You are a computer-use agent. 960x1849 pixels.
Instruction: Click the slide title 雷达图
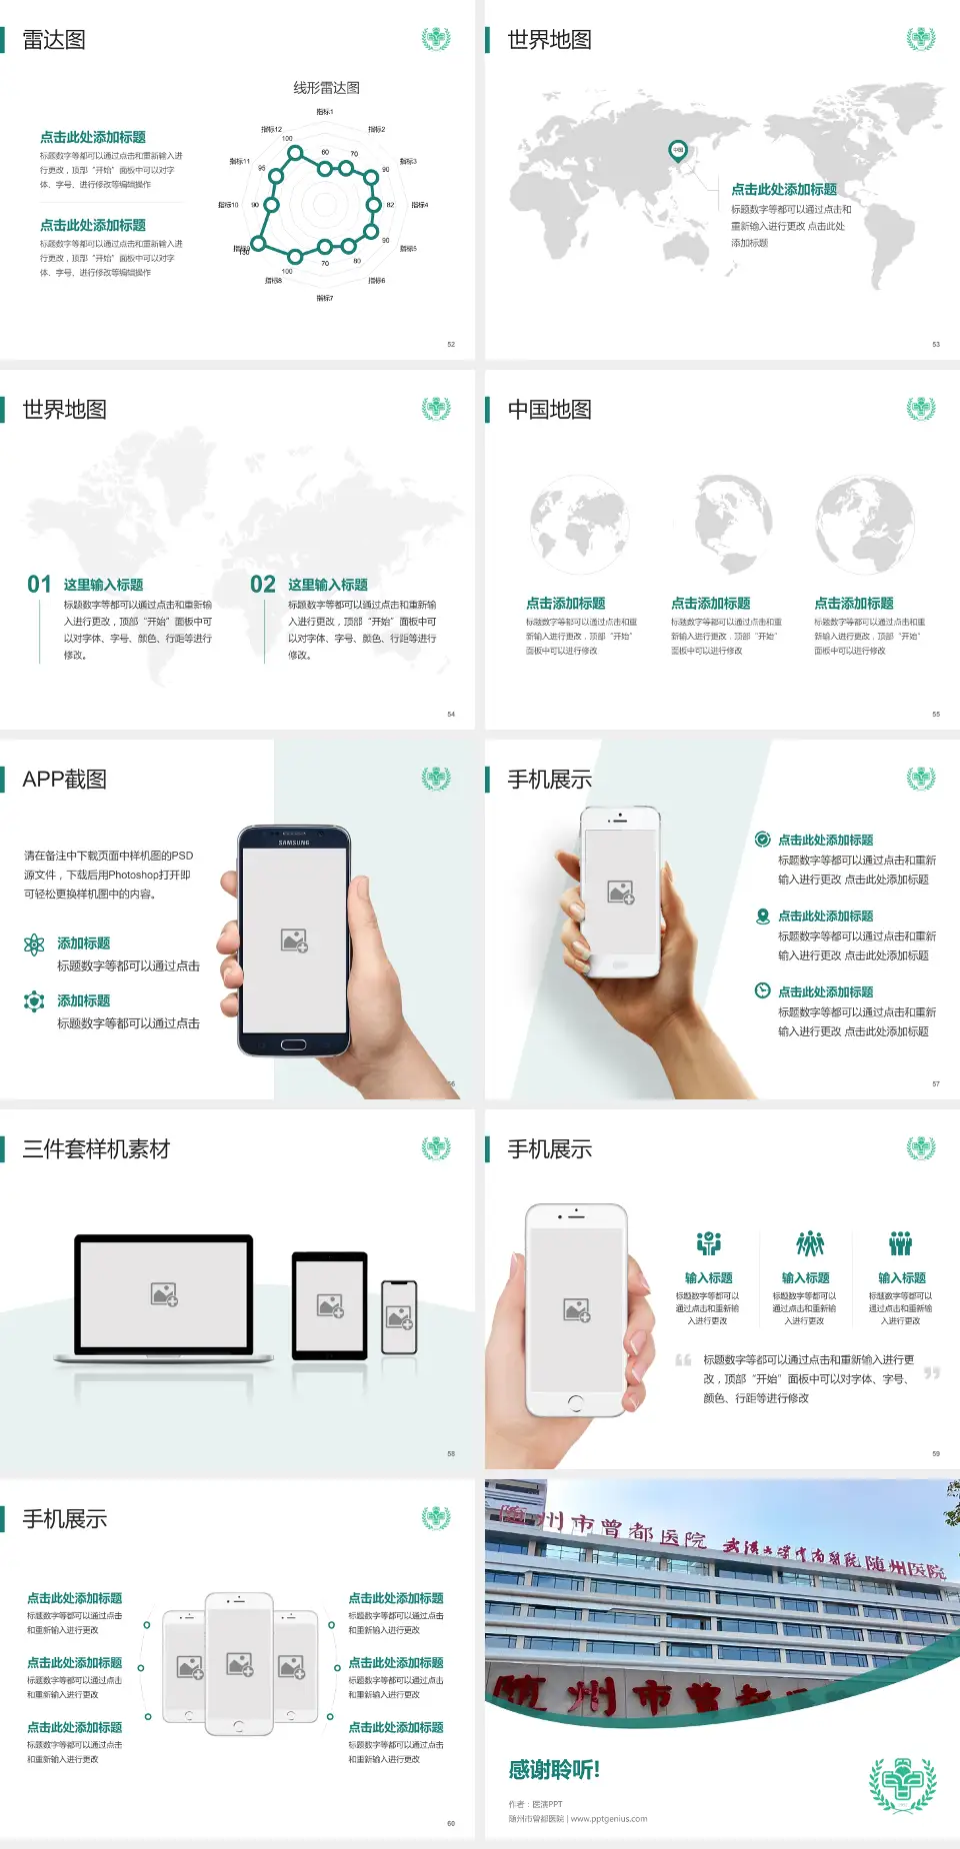tap(54, 40)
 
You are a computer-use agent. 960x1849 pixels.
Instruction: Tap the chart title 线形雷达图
tap(326, 88)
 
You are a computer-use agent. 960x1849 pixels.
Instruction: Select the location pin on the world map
tap(678, 151)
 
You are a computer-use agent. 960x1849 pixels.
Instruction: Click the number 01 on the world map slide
tap(39, 585)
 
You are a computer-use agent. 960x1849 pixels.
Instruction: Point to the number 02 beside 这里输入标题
tap(263, 585)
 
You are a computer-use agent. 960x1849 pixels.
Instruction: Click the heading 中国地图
tap(549, 410)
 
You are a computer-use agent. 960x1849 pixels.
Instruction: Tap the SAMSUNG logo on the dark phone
tap(294, 843)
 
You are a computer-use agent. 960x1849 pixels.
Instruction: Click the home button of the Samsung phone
tap(293, 1044)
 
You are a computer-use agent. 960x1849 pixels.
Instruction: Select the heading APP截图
tap(65, 780)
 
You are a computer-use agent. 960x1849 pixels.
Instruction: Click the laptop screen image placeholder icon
tap(164, 1294)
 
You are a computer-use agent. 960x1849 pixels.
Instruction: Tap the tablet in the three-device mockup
tap(330, 1305)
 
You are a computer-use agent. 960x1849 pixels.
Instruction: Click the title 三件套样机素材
tap(96, 1149)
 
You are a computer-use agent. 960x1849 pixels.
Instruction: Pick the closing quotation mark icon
tap(932, 1373)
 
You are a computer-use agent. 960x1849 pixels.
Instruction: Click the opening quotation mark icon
tap(683, 1360)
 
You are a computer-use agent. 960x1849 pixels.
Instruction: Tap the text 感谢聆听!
tap(554, 1770)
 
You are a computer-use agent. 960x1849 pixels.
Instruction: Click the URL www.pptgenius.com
tap(609, 1819)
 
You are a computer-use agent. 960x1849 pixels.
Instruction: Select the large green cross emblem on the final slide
tap(902, 1784)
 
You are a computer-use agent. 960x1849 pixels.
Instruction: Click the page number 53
tap(936, 344)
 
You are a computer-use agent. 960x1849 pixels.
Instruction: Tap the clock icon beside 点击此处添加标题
tap(762, 990)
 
